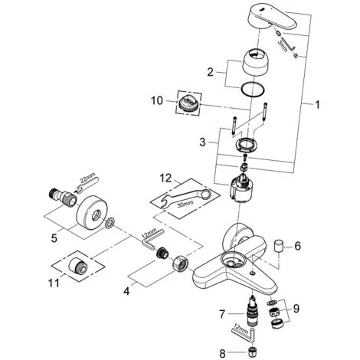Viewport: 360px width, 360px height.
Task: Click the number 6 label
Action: pos(298,247)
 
